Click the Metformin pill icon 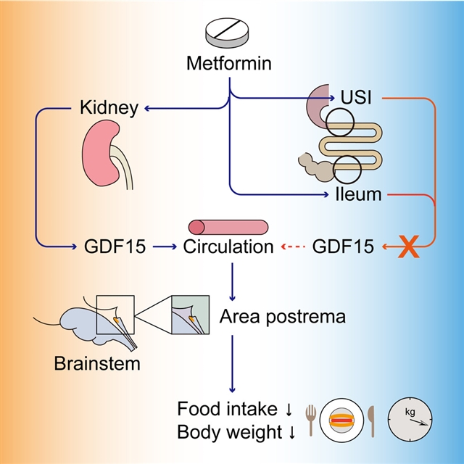point(230,30)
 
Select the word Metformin point(230,64)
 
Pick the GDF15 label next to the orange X point(343,247)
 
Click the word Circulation point(228,247)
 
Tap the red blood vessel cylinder point(228,226)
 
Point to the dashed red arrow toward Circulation point(292,247)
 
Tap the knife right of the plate point(371,418)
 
